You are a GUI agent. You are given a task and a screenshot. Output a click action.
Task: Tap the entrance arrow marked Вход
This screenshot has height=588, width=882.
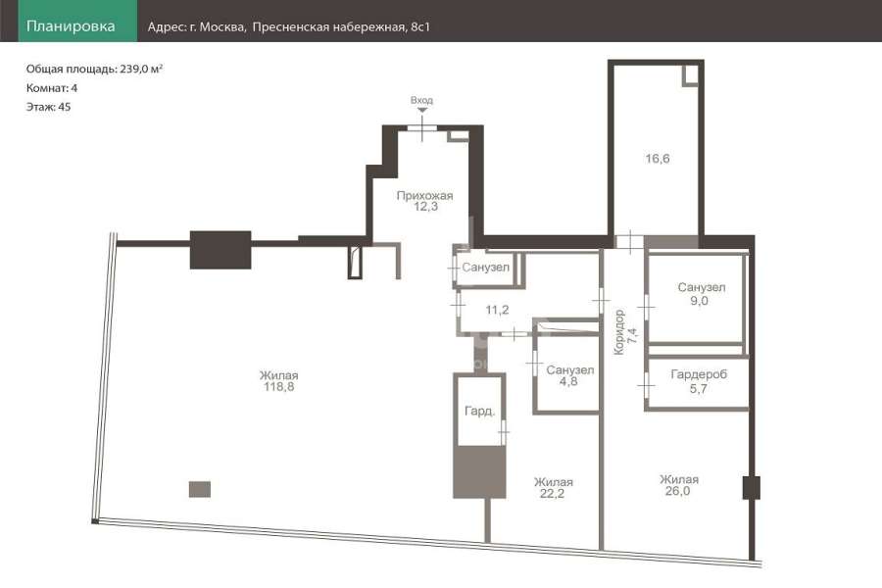pyautogui.click(x=421, y=110)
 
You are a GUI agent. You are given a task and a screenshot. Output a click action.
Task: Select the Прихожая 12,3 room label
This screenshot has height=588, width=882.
pyautogui.click(x=424, y=201)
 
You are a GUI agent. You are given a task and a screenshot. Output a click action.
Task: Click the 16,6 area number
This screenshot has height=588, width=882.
pyautogui.click(x=657, y=159)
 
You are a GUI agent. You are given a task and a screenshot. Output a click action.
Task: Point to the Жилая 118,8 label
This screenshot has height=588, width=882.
pyautogui.click(x=279, y=381)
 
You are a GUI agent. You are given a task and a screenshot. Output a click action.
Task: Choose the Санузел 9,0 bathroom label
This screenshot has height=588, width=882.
pyautogui.click(x=701, y=294)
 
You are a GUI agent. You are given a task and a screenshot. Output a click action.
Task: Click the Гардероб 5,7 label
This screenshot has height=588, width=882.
pyautogui.click(x=699, y=381)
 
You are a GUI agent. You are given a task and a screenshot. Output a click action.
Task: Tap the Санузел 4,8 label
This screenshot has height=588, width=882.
pyautogui.click(x=569, y=375)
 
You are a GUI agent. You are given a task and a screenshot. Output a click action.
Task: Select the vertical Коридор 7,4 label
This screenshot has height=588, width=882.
pyautogui.click(x=625, y=332)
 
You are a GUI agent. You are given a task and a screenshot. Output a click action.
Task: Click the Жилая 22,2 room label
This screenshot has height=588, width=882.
pyautogui.click(x=553, y=488)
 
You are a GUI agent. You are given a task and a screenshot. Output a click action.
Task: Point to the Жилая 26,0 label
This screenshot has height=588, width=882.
pyautogui.click(x=679, y=485)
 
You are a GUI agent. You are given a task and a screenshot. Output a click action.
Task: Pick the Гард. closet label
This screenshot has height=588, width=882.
pyautogui.click(x=480, y=412)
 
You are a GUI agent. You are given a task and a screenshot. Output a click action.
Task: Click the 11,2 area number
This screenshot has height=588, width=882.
pyautogui.click(x=497, y=310)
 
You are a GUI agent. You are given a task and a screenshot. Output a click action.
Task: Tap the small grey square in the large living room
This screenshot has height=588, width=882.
pyautogui.click(x=200, y=489)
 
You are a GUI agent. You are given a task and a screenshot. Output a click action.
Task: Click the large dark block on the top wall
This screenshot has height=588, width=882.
pyautogui.click(x=220, y=250)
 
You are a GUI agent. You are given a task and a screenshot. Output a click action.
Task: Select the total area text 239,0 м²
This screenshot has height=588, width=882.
pyautogui.click(x=141, y=69)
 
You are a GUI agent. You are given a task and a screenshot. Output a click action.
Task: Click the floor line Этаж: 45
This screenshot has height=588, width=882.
pyautogui.click(x=48, y=107)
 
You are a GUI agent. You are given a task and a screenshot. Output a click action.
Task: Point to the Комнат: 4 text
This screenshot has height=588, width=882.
pyautogui.click(x=52, y=88)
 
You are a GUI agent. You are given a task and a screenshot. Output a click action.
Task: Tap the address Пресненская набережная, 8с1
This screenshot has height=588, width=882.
pyautogui.click(x=341, y=27)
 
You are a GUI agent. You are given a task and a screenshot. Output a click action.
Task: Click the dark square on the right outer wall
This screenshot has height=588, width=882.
pyautogui.click(x=752, y=488)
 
